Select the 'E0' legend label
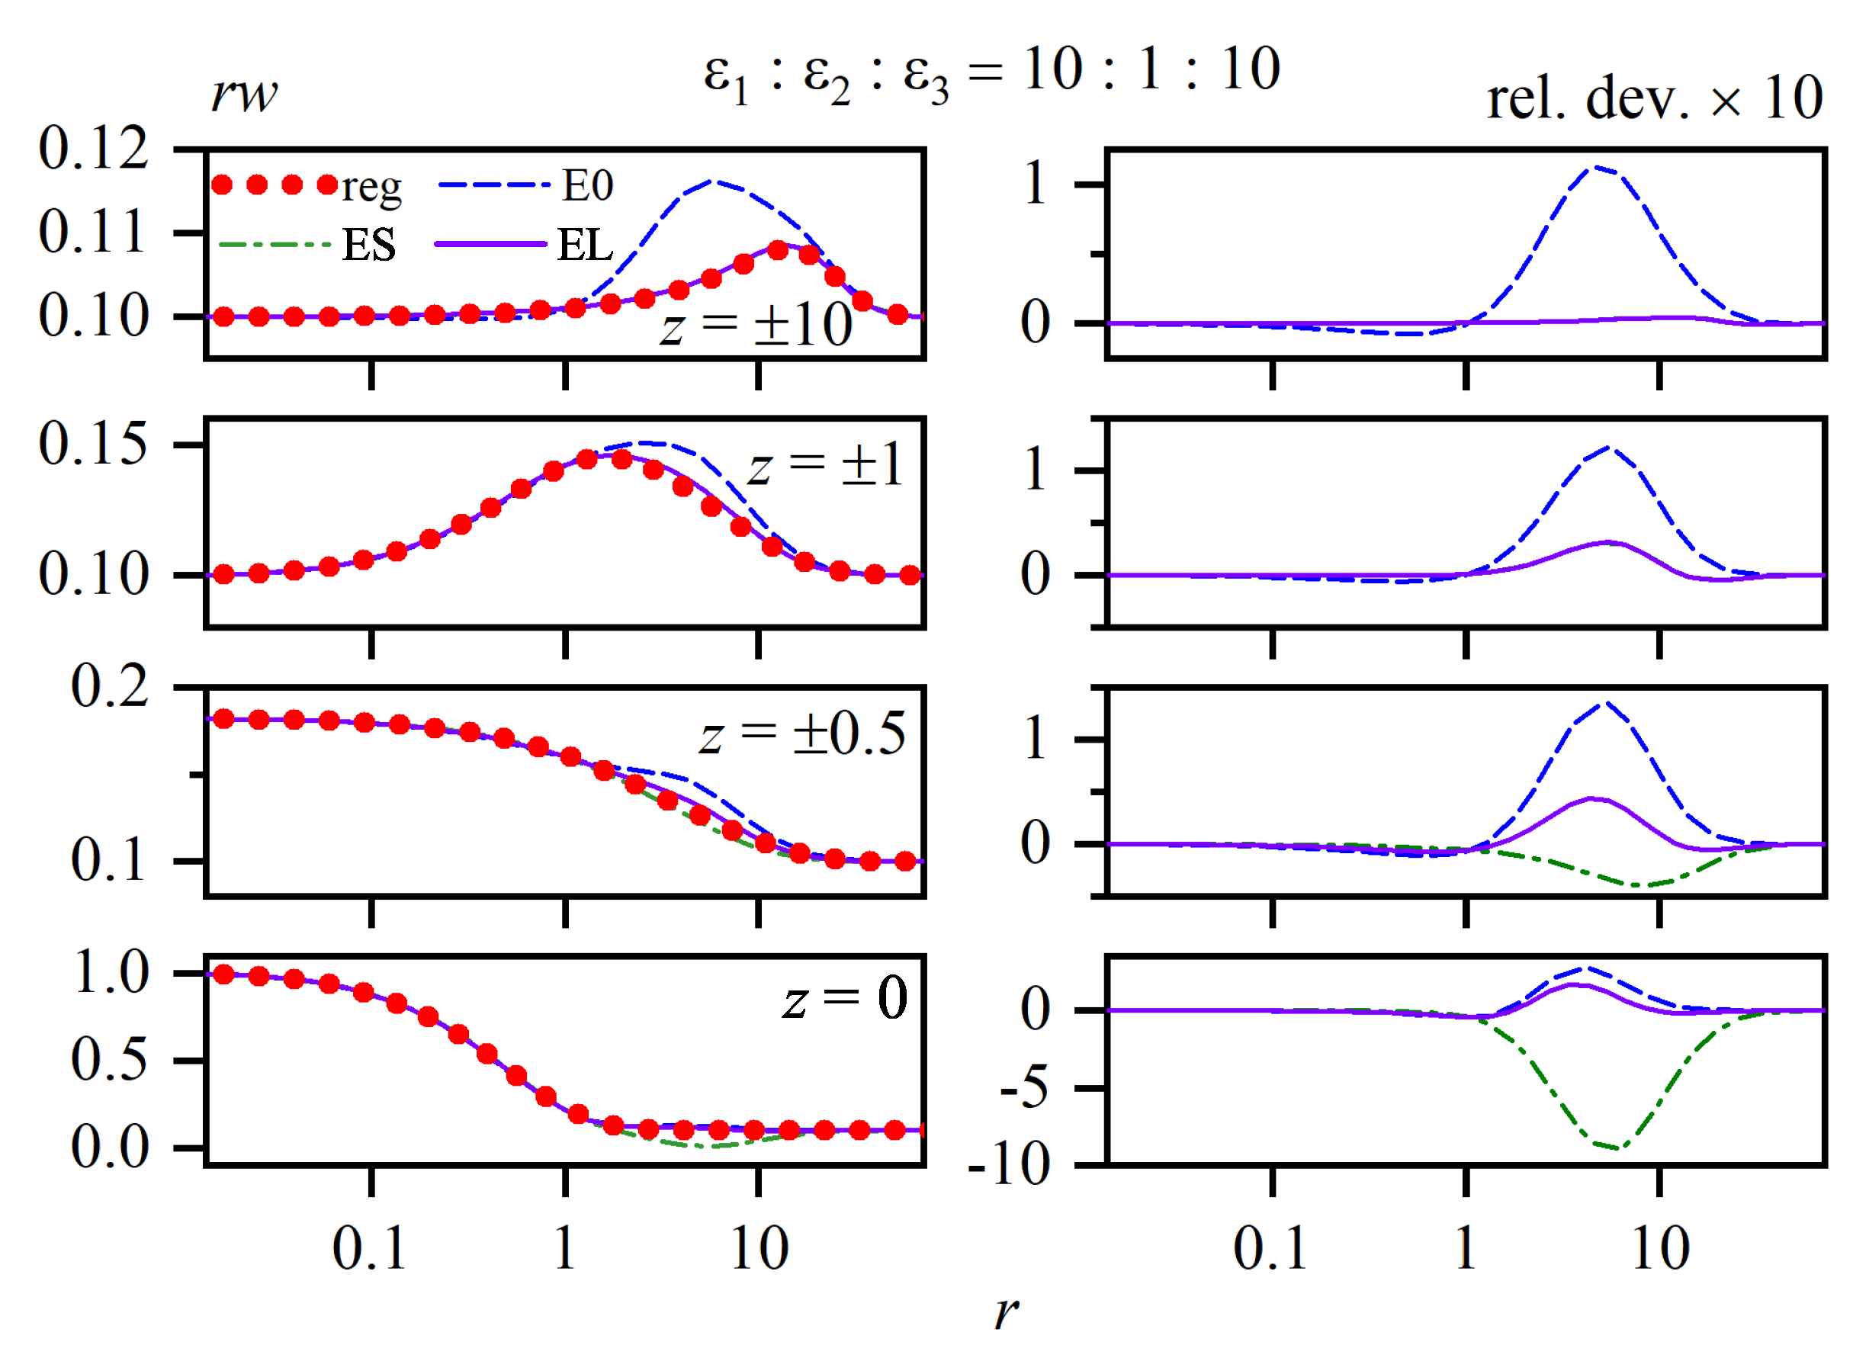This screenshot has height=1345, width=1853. [x=587, y=185]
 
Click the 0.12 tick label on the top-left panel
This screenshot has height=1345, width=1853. [x=93, y=149]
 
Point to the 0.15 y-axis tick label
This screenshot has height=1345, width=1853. [x=93, y=445]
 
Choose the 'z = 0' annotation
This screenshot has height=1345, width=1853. [x=846, y=999]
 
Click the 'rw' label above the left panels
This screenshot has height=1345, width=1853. [x=243, y=95]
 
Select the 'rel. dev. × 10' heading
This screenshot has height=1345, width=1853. [x=1654, y=99]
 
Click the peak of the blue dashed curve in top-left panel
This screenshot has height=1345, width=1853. [x=714, y=181]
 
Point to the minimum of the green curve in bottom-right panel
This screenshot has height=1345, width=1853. [x=1616, y=1148]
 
